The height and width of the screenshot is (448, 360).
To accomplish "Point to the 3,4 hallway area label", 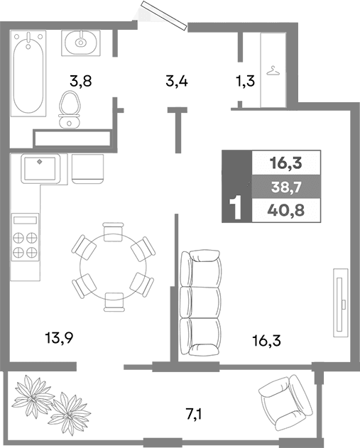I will [x=176, y=80].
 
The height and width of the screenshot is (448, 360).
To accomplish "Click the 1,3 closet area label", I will [x=246, y=80].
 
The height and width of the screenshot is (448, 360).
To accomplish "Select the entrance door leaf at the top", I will [x=163, y=15].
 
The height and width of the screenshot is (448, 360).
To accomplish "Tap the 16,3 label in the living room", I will [x=266, y=340].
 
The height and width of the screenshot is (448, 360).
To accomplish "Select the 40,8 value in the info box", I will [x=285, y=210].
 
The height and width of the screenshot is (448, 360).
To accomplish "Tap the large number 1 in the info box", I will [x=236, y=209].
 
